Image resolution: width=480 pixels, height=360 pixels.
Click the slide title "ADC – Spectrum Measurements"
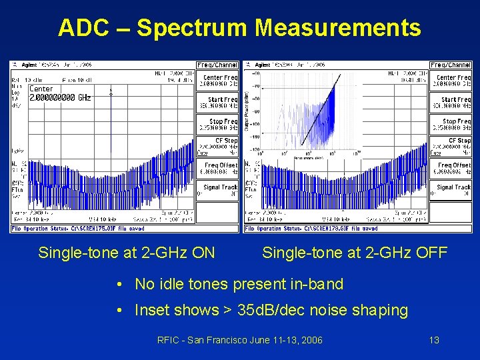(239, 28)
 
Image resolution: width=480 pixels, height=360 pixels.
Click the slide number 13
(434, 340)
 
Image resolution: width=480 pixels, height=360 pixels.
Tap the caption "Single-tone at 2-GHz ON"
(127, 253)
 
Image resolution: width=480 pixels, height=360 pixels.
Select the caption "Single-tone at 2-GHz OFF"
(355, 253)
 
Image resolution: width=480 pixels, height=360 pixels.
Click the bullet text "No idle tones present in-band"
(239, 285)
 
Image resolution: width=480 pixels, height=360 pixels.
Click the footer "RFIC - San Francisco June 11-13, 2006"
(239, 340)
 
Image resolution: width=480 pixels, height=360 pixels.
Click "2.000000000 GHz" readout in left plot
(60, 97)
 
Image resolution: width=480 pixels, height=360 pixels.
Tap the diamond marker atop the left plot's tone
(111, 94)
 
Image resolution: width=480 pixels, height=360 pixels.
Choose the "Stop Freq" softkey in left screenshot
(217, 124)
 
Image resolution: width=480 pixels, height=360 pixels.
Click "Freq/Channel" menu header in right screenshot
(451, 65)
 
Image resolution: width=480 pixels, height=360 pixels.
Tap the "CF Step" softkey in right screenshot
(451, 144)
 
